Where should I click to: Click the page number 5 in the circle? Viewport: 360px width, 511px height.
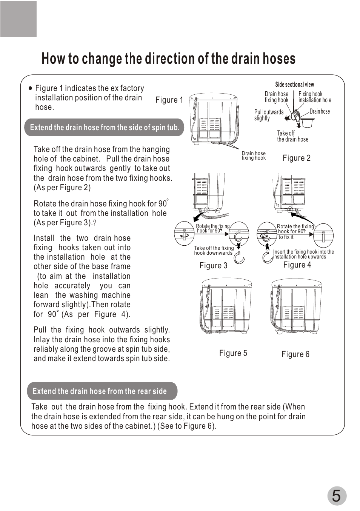click(x=336, y=496)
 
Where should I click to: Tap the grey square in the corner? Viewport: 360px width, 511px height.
click(x=18, y=19)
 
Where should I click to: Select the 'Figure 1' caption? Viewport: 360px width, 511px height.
click(x=169, y=100)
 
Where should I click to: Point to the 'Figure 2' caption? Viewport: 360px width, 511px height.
click(x=297, y=158)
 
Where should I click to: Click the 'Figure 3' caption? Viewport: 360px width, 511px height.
click(x=213, y=266)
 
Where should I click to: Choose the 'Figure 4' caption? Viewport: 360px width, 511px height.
click(x=297, y=265)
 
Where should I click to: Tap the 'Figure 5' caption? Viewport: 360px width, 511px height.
click(x=233, y=353)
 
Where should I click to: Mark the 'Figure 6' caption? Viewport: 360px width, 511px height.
click(x=295, y=354)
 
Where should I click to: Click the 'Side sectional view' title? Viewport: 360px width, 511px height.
click(x=294, y=85)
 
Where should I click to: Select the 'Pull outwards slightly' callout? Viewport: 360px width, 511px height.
click(x=268, y=115)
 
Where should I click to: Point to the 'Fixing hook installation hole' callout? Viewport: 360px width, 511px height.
click(x=315, y=97)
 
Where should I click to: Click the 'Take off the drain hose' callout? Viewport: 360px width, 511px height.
click(x=292, y=136)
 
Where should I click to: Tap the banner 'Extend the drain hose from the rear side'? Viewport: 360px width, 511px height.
click(x=100, y=391)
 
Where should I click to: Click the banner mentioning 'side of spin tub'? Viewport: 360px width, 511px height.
click(x=105, y=128)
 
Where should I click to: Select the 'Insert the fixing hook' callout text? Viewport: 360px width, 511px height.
click(x=303, y=254)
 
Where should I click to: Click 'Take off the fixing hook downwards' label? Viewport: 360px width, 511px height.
click(x=214, y=251)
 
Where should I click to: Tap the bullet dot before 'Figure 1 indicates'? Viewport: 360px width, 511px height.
click(x=31, y=88)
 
